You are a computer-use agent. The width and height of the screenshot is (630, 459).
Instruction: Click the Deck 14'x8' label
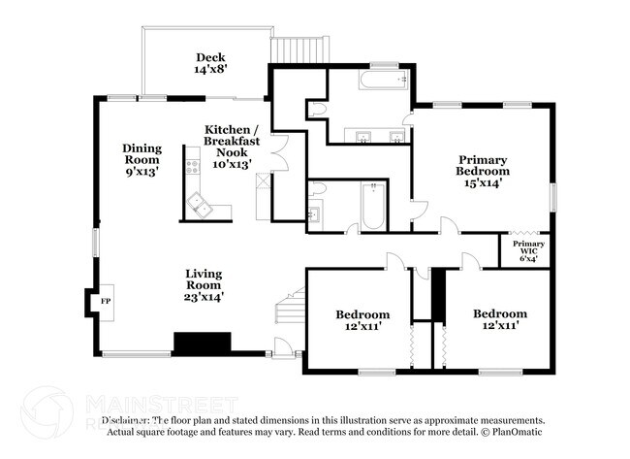pos(210,63)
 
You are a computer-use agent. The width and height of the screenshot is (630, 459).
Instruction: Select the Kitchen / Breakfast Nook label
pos(231,147)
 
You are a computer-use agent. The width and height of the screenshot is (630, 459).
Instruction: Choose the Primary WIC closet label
pos(528,250)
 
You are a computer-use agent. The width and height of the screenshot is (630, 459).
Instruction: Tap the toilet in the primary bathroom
pos(317,111)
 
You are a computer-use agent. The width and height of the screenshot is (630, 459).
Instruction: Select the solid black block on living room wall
pos(202,343)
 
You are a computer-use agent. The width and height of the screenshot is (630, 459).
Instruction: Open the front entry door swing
pos(282,344)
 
